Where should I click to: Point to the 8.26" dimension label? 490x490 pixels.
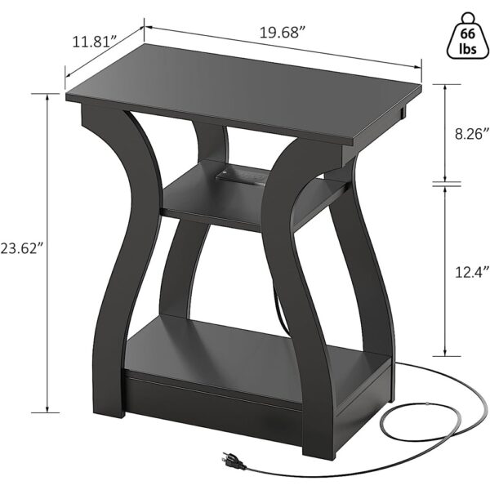click(473, 131)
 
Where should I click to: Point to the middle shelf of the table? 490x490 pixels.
click(237, 200)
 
